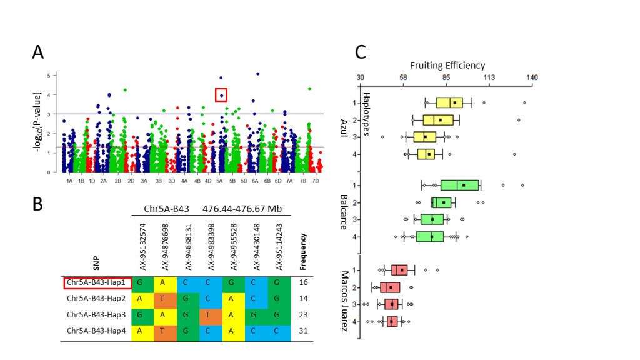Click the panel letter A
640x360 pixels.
(x=38, y=54)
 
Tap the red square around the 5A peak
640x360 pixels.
(x=221, y=94)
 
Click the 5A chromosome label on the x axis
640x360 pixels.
(x=219, y=181)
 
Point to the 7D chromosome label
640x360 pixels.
(x=316, y=181)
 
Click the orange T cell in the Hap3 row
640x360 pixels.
(x=211, y=314)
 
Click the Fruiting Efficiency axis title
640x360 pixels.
(x=447, y=65)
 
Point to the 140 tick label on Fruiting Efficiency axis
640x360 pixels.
(x=532, y=77)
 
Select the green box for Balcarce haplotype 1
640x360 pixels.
(x=460, y=185)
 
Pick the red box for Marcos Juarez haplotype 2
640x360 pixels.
(x=390, y=287)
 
